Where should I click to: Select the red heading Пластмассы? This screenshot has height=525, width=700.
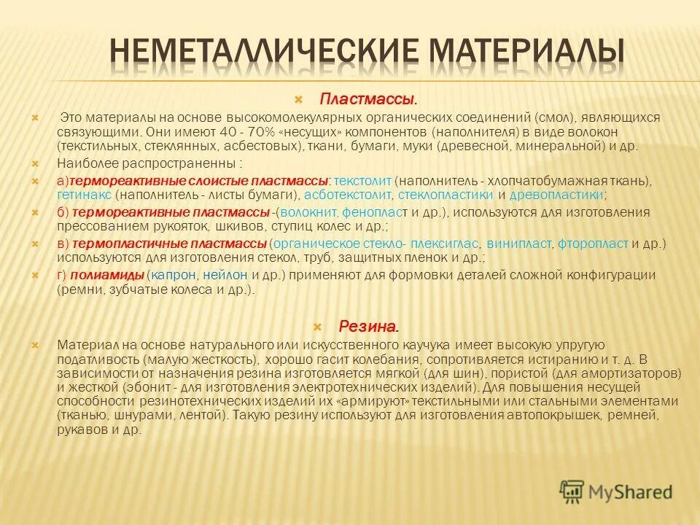[x=367, y=98]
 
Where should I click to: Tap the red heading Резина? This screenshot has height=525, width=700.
[x=368, y=326]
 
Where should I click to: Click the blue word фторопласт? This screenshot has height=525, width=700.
[x=593, y=244]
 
